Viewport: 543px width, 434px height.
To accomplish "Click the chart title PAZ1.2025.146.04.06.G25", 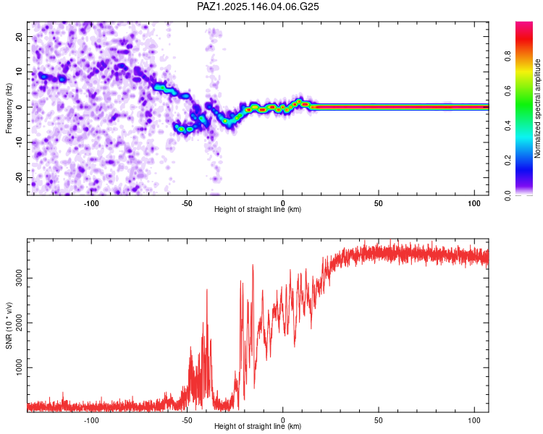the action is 258,7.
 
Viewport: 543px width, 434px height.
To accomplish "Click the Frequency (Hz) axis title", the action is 9,109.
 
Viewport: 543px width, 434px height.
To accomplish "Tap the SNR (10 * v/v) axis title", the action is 9,325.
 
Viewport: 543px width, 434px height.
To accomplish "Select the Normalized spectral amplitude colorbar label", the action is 537,109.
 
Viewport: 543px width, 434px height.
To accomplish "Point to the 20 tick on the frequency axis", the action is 19,36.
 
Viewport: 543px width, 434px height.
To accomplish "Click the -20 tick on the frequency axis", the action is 19,177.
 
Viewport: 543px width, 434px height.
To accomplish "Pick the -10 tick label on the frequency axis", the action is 19,142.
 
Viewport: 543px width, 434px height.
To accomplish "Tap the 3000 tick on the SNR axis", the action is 19,278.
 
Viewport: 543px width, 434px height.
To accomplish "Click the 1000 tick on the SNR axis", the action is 19,367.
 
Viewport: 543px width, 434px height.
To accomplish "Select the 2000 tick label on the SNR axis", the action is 19,323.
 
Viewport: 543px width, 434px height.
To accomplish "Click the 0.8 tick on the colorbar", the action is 508,56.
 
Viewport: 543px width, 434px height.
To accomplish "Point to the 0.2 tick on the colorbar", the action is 508,161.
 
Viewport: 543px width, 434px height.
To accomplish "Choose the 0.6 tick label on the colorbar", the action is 508,91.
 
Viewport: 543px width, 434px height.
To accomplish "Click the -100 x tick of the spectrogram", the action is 91,203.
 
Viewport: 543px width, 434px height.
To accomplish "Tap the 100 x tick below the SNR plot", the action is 474,420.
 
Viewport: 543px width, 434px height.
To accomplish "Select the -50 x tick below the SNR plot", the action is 187,420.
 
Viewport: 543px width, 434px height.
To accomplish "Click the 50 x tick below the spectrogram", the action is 379,203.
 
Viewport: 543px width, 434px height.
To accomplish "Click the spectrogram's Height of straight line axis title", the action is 258,209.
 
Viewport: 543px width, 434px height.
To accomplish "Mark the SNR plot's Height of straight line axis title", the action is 258,426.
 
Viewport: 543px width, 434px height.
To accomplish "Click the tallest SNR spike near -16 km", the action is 253,265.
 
